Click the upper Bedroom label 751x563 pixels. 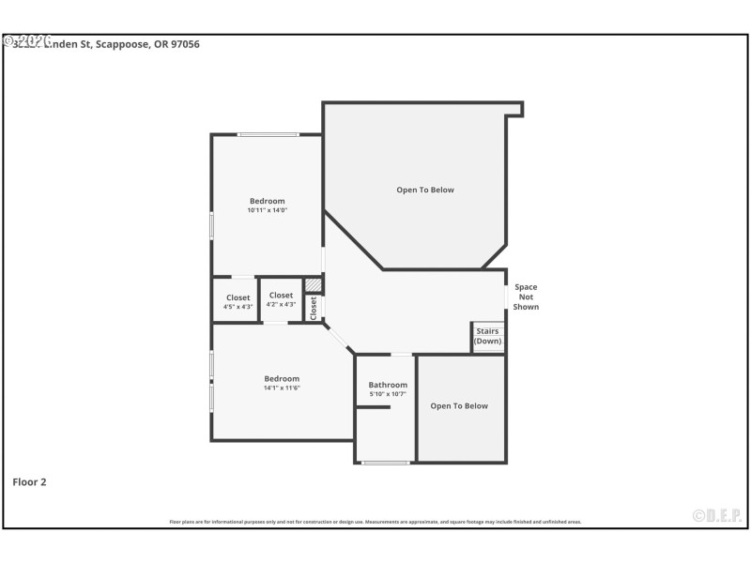[x=267, y=201]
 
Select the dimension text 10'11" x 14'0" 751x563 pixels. [x=267, y=210]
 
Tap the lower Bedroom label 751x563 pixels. [x=282, y=378]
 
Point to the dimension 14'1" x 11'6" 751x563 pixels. [x=282, y=388]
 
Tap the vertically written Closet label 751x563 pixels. [x=314, y=308]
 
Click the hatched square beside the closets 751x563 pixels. [x=314, y=285]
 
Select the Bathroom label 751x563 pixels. [x=388, y=385]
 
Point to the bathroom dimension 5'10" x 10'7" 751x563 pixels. [x=388, y=394]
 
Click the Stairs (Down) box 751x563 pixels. [x=487, y=337]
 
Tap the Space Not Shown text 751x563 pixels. [x=526, y=297]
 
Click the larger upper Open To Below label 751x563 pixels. [x=424, y=190]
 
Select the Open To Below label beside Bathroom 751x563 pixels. [x=459, y=406]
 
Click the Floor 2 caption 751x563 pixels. [x=29, y=482]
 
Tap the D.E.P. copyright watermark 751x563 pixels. [x=717, y=515]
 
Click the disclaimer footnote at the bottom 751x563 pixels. [x=375, y=522]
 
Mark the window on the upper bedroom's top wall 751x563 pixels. [x=268, y=134]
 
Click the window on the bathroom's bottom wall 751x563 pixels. [x=386, y=463]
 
